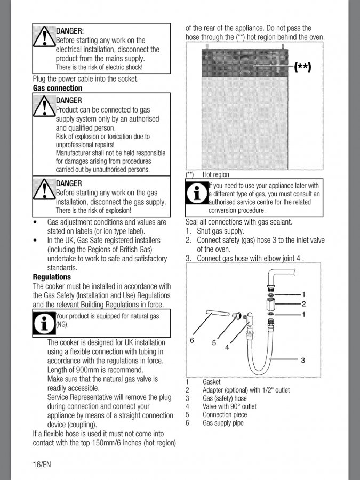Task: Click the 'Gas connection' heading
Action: pyautogui.click(x=58, y=88)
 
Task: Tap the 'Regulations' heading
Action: pyautogui.click(x=52, y=277)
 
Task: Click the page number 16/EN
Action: pyautogui.click(x=42, y=463)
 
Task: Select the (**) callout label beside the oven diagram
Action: pyautogui.click(x=302, y=67)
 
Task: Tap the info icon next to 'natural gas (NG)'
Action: pyautogui.click(x=44, y=323)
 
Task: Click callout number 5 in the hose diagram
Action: pyautogui.click(x=214, y=342)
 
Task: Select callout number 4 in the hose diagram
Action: pyautogui.click(x=227, y=347)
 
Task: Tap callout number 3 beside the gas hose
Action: pyautogui.click(x=302, y=361)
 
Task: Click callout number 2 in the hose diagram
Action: pyautogui.click(x=303, y=304)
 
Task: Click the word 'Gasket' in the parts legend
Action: pyautogui.click(x=211, y=382)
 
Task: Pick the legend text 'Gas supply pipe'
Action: pyautogui.click(x=223, y=423)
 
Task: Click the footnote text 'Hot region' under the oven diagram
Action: pyautogui.click(x=215, y=174)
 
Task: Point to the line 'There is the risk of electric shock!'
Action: pyautogui.click(x=99, y=67)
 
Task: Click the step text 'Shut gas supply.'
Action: pyautogui.click(x=220, y=231)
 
